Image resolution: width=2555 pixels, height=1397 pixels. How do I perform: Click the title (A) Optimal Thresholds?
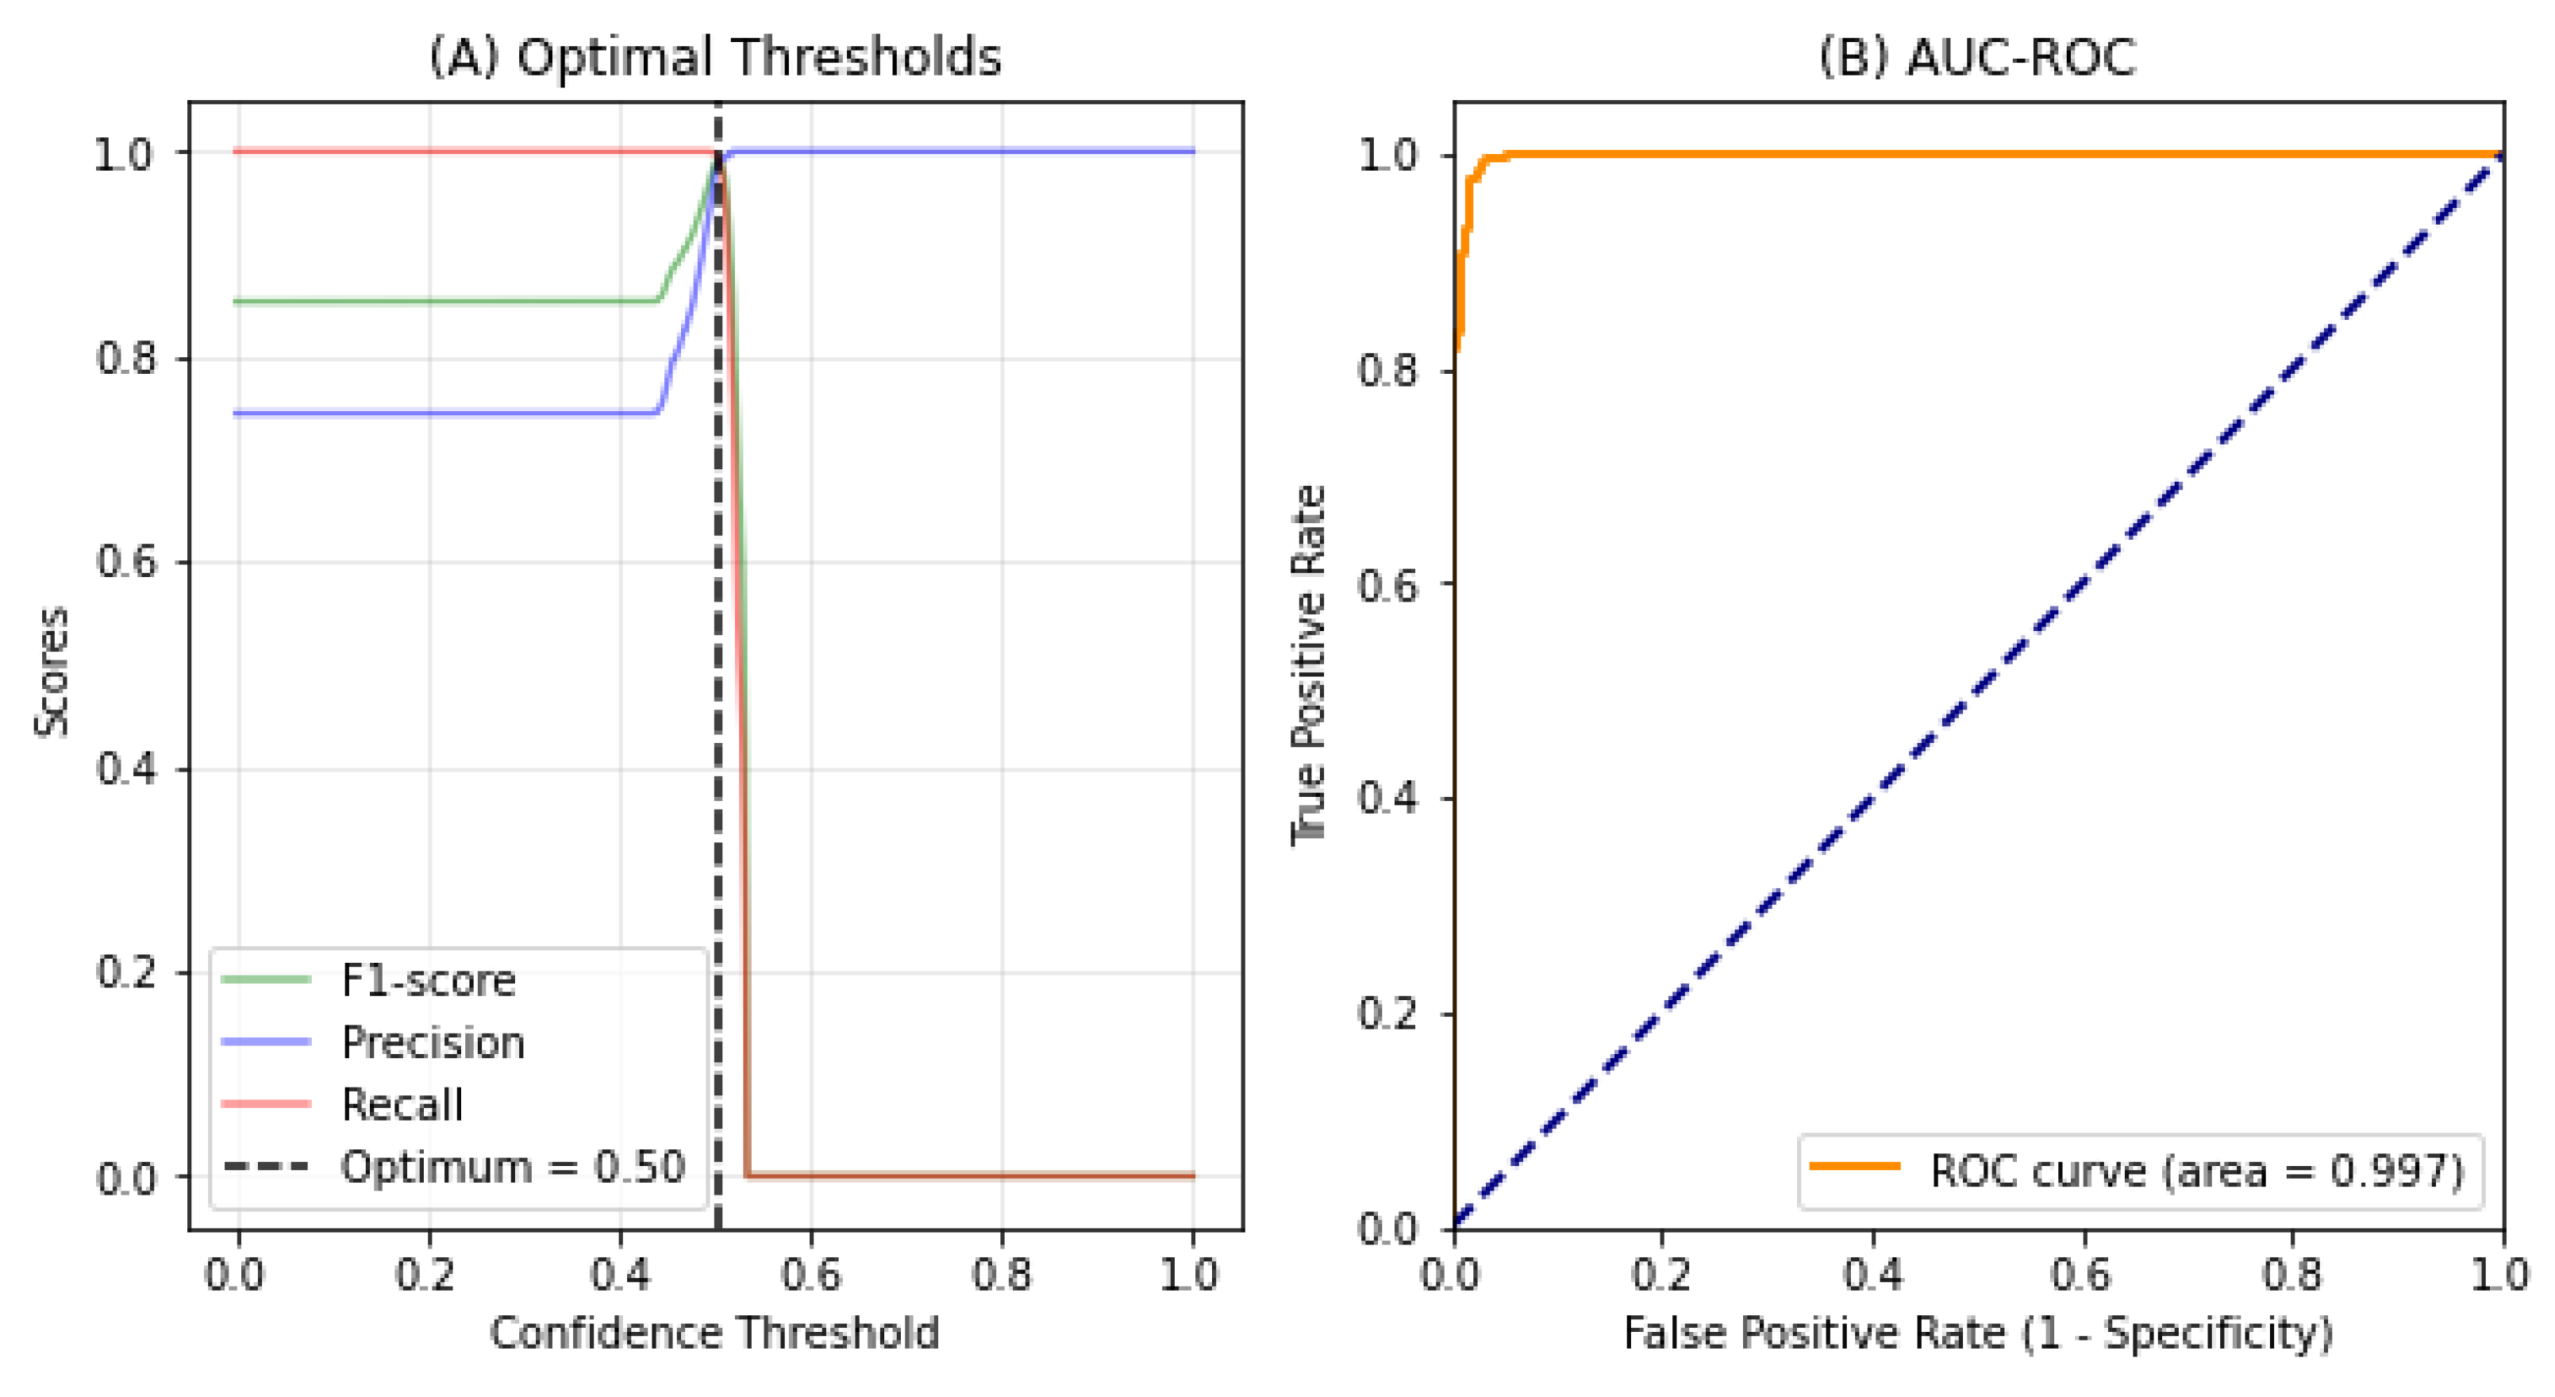click(714, 56)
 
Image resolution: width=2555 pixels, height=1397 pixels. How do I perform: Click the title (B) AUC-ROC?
click(1976, 56)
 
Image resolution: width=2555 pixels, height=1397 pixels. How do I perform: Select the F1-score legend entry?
click(428, 980)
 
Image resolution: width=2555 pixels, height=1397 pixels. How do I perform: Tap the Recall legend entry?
click(402, 1104)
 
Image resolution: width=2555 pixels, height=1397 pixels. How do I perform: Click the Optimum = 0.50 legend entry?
click(513, 1167)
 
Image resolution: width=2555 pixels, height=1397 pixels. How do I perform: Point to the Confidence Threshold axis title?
click(714, 1333)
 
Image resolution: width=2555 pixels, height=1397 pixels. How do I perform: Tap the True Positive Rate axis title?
click(1308, 665)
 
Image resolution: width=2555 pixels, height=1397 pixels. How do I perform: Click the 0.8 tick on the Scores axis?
click(126, 358)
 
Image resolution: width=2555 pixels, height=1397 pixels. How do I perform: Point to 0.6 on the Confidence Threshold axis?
click(810, 1274)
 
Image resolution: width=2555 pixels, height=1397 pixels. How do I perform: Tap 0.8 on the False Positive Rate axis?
click(2292, 1274)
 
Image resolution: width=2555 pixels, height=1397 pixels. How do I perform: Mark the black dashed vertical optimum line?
click(717, 695)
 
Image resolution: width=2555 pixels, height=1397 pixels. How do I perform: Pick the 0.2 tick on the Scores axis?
click(126, 972)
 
